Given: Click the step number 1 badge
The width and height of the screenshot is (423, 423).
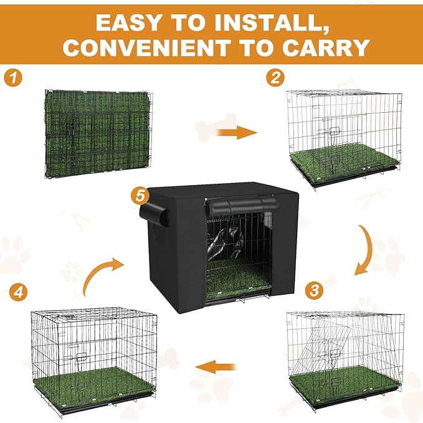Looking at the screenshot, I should pyautogui.click(x=12, y=78).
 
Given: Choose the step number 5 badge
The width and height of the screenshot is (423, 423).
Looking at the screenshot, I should pyautogui.click(x=141, y=196).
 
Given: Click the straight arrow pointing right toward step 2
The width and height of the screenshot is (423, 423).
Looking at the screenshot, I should pyautogui.click(x=239, y=131).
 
